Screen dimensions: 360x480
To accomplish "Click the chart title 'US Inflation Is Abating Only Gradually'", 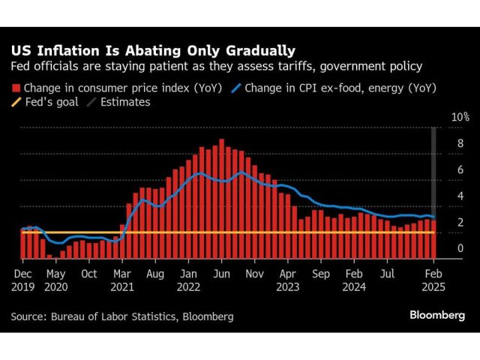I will click(152, 51).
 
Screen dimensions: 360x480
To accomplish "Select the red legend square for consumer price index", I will click(15, 88).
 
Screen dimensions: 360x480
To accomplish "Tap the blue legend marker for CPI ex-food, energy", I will click(239, 88).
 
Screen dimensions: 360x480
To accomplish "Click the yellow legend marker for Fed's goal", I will click(15, 102).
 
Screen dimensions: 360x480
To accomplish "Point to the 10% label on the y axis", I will click(459, 118).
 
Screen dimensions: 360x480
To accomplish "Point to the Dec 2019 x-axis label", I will click(22, 280).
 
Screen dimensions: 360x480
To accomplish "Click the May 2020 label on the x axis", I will click(56, 280).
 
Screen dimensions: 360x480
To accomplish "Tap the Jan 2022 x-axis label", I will click(189, 280).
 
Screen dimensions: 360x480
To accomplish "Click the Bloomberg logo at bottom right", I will click(436, 316).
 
